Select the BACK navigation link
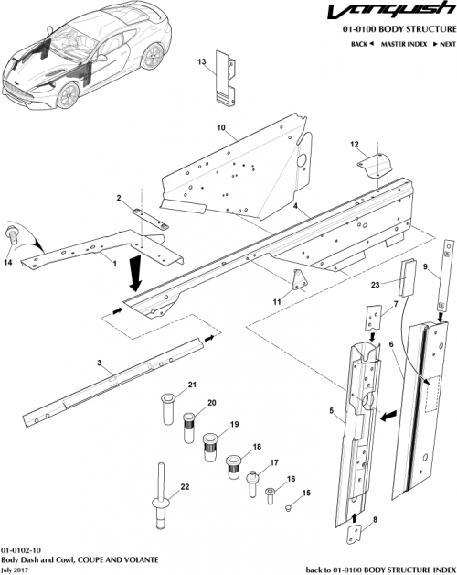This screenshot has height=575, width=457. tap(360, 44)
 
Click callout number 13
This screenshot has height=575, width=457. tap(202, 61)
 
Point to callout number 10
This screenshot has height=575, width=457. tap(220, 127)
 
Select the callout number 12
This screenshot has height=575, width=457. tap(355, 144)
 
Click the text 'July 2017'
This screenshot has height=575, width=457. tap(15, 569)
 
